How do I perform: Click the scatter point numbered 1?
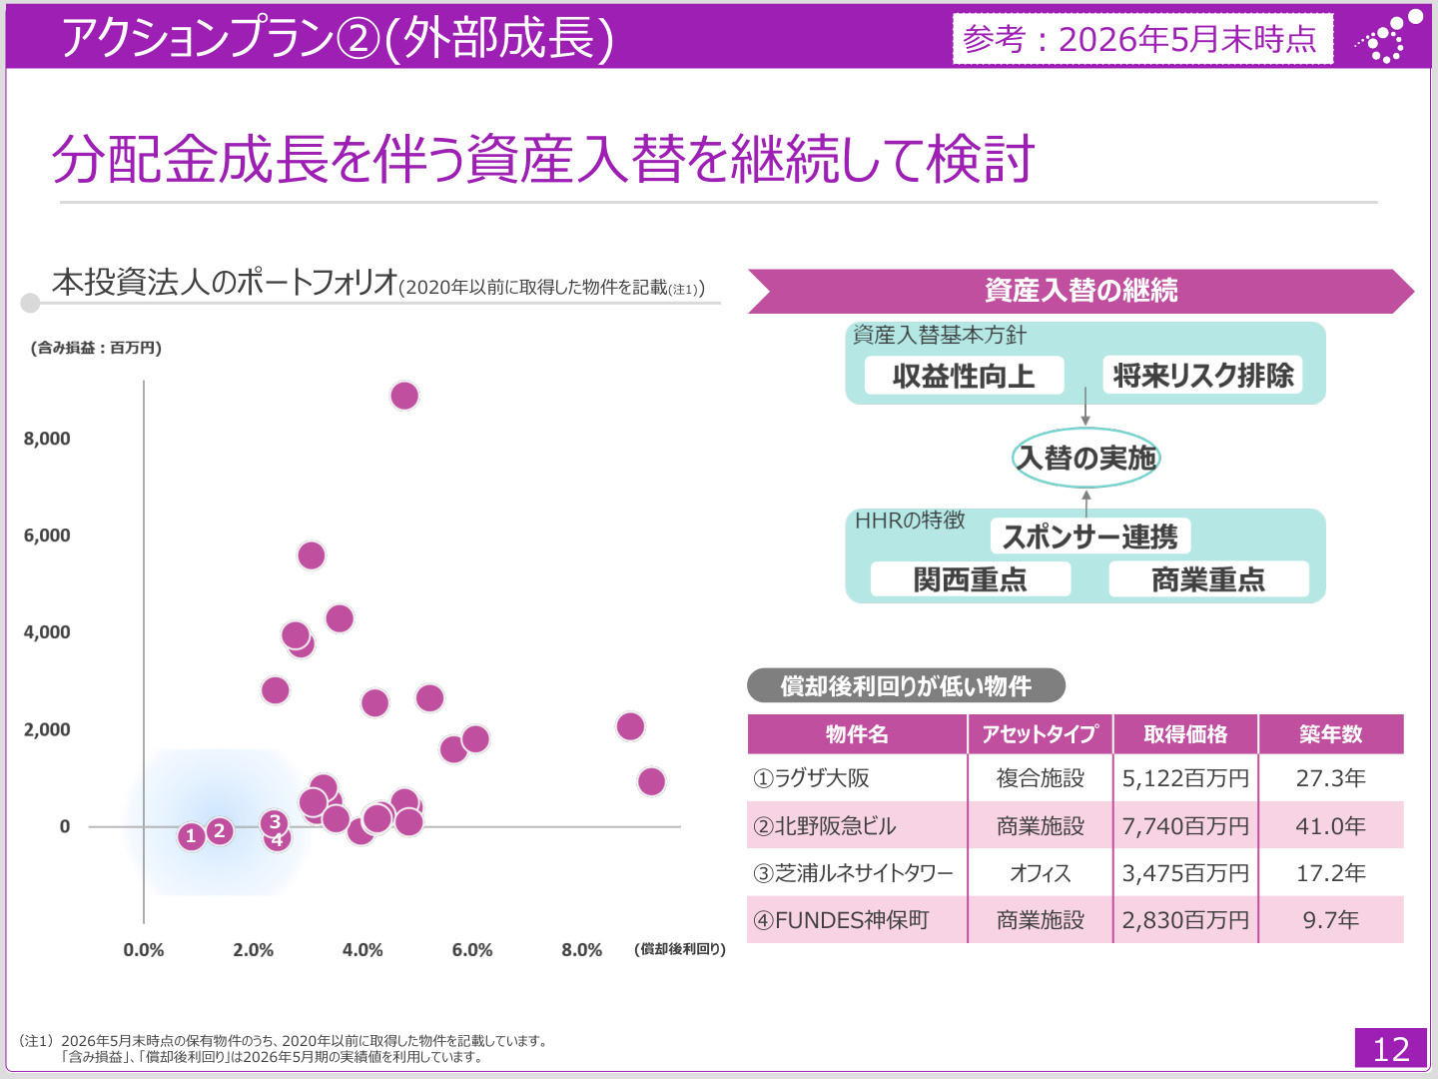192,836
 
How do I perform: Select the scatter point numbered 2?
220,831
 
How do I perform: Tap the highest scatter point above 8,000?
404,396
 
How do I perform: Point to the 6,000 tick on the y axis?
47,536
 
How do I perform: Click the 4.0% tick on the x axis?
362,950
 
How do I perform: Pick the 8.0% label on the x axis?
582,950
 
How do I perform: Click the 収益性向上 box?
964,376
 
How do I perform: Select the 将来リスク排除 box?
1202,375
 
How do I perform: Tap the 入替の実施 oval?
1085,458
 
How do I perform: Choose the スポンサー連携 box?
1090,537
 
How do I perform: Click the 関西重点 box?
971,579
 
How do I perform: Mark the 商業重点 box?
1208,579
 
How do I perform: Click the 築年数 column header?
1330,733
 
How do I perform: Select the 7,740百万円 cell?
1185,825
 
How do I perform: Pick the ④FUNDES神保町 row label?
841,920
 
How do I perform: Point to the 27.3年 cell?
1330,778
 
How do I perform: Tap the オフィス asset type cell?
1040,872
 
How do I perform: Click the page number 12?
1390,1049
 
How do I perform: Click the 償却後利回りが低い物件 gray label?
906,686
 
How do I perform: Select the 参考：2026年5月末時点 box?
1142,39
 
